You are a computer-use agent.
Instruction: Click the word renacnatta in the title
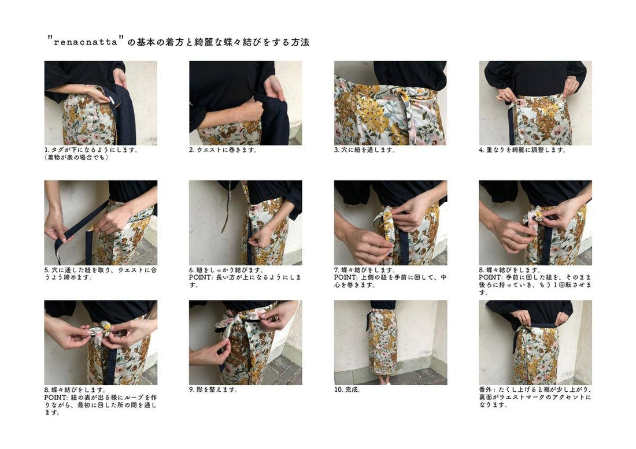point(86,43)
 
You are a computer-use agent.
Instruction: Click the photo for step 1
point(101,103)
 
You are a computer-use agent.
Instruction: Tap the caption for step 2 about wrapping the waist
point(223,150)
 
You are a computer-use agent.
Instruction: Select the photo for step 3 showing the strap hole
point(390,103)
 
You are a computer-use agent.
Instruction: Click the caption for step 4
point(523,150)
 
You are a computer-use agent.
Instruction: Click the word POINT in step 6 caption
point(202,277)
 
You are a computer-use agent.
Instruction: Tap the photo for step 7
point(390,222)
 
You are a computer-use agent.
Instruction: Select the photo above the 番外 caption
point(535,342)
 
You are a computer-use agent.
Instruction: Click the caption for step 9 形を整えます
point(214,389)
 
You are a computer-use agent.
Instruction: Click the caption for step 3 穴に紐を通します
point(365,150)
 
